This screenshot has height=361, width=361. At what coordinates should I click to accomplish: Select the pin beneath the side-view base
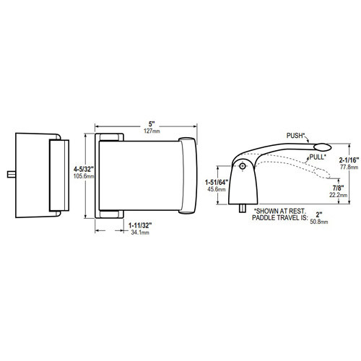click(240, 208)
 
